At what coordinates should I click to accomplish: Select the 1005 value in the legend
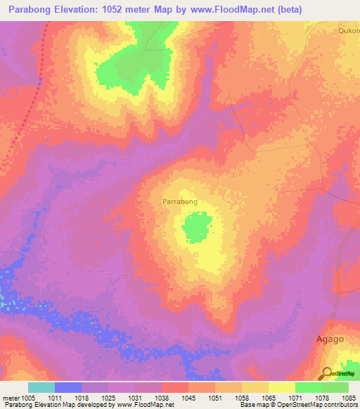click(28, 397)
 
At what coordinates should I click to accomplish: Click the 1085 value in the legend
click(349, 397)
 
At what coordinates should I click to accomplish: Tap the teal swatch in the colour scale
click(41, 387)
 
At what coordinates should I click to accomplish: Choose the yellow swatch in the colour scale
click(281, 387)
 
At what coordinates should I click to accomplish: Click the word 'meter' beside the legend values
click(10, 397)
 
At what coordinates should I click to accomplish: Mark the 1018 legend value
click(82, 397)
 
